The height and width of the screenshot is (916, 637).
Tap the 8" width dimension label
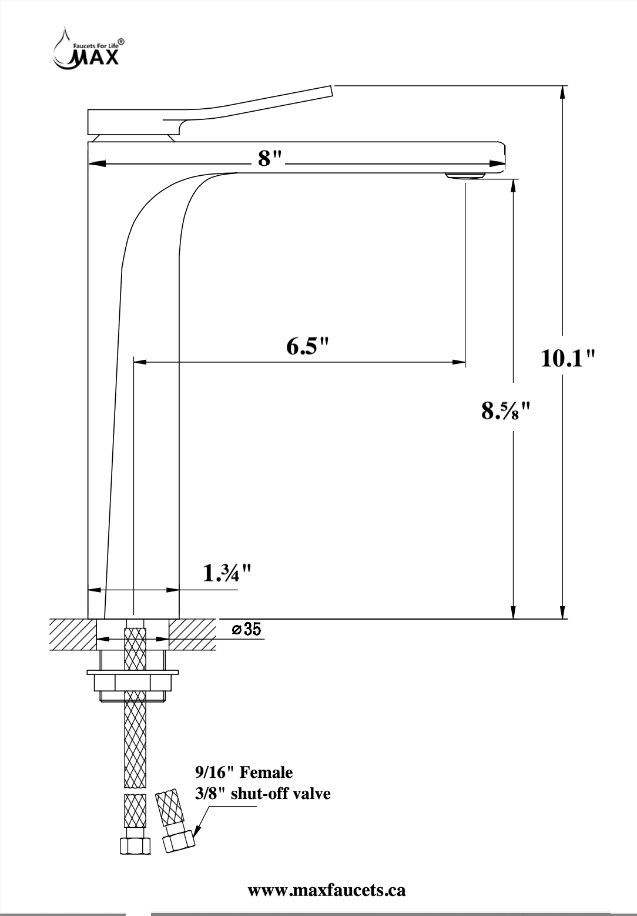coord(271,158)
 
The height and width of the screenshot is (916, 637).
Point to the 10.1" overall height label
coord(567,358)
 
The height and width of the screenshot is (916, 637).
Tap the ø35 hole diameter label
coord(246,630)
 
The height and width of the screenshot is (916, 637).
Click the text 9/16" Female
coord(243,771)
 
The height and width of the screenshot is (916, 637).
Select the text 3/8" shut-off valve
coord(262,793)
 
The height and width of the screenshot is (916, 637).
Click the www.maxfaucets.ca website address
coord(327,890)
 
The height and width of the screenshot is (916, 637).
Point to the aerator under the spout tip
coord(465,175)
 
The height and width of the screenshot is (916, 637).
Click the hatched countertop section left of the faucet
coord(71,634)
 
